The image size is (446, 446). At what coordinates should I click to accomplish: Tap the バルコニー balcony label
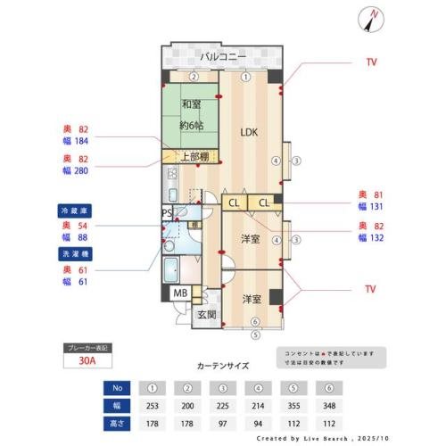(219, 56)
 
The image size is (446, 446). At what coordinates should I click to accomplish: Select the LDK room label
(249, 132)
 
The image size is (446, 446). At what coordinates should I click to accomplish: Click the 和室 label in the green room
(190, 104)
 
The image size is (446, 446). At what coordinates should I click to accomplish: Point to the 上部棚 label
(194, 158)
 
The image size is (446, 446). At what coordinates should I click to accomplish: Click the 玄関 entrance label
(206, 314)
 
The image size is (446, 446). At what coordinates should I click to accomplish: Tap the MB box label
(180, 293)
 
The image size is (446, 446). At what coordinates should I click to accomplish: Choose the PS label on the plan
(167, 212)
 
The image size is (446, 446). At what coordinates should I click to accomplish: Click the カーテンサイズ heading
(223, 366)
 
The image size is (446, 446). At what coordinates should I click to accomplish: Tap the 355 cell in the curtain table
(292, 404)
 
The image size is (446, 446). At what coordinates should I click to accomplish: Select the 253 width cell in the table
(153, 404)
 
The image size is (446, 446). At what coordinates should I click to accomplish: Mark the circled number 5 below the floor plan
(255, 335)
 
